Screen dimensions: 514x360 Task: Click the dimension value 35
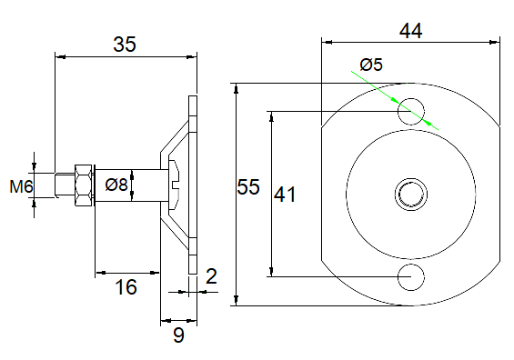click(125, 45)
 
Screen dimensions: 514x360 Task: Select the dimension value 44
click(410, 31)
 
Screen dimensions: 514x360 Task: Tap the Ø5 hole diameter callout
click(371, 65)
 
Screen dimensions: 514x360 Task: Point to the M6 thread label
click(21, 187)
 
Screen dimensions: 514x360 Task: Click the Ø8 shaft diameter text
click(116, 185)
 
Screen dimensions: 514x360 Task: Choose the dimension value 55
click(248, 187)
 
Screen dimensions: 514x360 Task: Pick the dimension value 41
click(285, 195)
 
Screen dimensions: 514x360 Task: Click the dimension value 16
click(126, 287)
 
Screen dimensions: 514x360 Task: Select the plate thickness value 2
click(211, 276)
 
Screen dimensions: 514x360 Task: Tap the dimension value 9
click(178, 335)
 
